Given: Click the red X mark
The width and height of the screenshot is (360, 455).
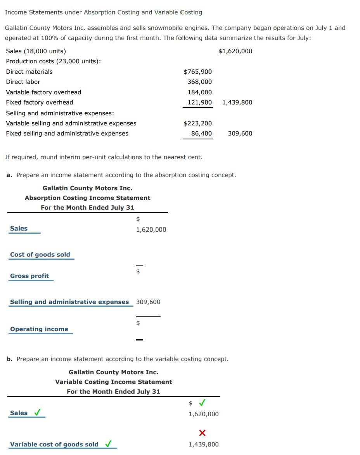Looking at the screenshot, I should (202, 433).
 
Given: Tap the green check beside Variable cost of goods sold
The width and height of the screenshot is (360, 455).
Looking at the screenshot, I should (109, 444).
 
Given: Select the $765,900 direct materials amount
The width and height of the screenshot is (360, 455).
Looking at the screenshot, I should (197, 72).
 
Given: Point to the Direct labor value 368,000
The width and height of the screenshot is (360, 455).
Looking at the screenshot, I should (199, 82).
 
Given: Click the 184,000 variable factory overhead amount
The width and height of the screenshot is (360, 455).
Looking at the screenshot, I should (199, 92).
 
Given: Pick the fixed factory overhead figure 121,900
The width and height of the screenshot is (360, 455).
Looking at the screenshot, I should (199, 102).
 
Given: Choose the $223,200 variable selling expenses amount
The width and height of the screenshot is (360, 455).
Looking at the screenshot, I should (197, 123).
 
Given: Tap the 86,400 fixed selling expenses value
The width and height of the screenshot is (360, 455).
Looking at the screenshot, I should (201, 134).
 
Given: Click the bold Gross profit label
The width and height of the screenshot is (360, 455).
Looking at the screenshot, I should (29, 276).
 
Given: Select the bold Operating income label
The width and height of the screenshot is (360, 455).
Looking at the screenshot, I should (39, 329).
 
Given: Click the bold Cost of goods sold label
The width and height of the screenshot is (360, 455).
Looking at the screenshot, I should (40, 255).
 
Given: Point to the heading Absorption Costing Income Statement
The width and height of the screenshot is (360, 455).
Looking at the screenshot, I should (87, 198).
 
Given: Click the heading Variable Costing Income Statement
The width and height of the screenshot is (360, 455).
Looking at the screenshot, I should (113, 382).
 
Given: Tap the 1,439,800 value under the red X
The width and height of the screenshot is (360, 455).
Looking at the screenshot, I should (203, 445).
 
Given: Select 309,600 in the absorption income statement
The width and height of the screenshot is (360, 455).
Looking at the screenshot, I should (148, 302).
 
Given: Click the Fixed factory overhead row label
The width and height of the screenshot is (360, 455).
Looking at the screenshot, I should (40, 102).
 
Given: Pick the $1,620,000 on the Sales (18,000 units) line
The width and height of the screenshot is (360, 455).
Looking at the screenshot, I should (235, 51).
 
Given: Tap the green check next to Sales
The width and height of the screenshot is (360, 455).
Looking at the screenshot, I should (38, 413).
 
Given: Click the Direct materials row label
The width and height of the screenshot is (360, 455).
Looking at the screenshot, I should (29, 72).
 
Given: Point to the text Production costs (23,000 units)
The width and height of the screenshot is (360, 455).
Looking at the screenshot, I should (53, 61).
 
